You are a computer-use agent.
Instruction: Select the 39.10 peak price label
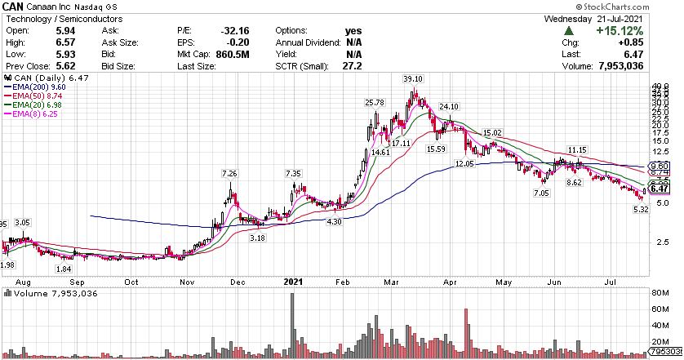coord(413,78)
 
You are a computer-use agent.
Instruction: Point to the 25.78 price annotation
coord(375,103)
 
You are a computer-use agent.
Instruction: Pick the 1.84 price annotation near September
coord(64,269)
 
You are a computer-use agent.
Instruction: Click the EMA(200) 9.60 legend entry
coord(29,86)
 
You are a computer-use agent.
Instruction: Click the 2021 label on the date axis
coord(293,282)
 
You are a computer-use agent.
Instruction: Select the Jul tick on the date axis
coord(611,282)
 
